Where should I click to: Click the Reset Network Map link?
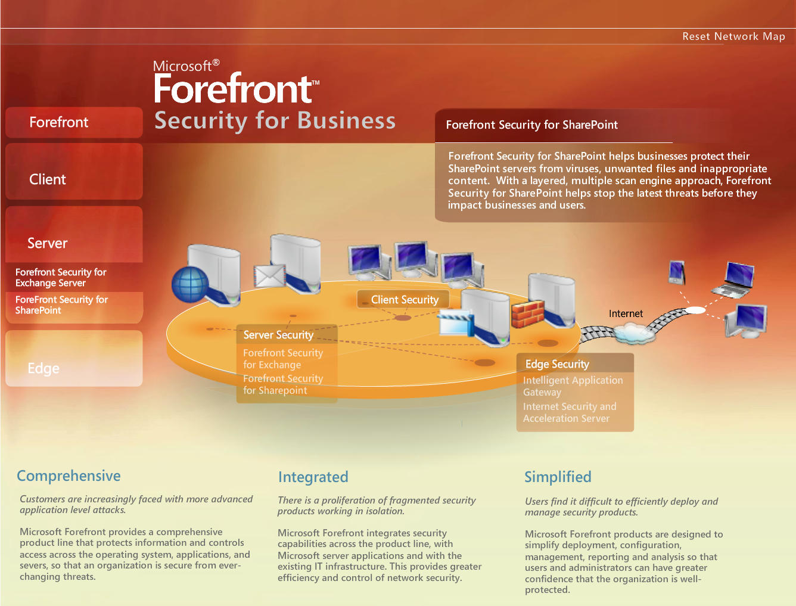pyautogui.click(x=733, y=36)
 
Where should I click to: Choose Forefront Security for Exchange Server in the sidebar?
pyautogui.click(x=61, y=278)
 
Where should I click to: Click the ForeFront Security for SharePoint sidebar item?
pyautogui.click(x=61, y=305)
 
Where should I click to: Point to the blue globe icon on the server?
pyautogui.click(x=190, y=285)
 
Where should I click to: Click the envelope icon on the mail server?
pyautogui.click(x=269, y=276)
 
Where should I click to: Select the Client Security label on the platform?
pyautogui.click(x=405, y=300)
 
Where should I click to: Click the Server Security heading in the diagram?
pyautogui.click(x=278, y=335)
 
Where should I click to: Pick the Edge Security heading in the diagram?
pyautogui.click(x=557, y=364)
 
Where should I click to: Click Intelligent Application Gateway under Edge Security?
pyautogui.click(x=573, y=386)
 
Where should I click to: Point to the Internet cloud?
pyautogui.click(x=633, y=332)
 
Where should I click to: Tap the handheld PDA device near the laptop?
pyautogui.click(x=676, y=272)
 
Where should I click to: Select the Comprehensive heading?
pyautogui.click(x=69, y=476)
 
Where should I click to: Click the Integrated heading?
pyautogui.click(x=313, y=477)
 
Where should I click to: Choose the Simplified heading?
pyautogui.click(x=558, y=477)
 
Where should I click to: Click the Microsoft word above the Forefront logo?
pyautogui.click(x=182, y=66)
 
